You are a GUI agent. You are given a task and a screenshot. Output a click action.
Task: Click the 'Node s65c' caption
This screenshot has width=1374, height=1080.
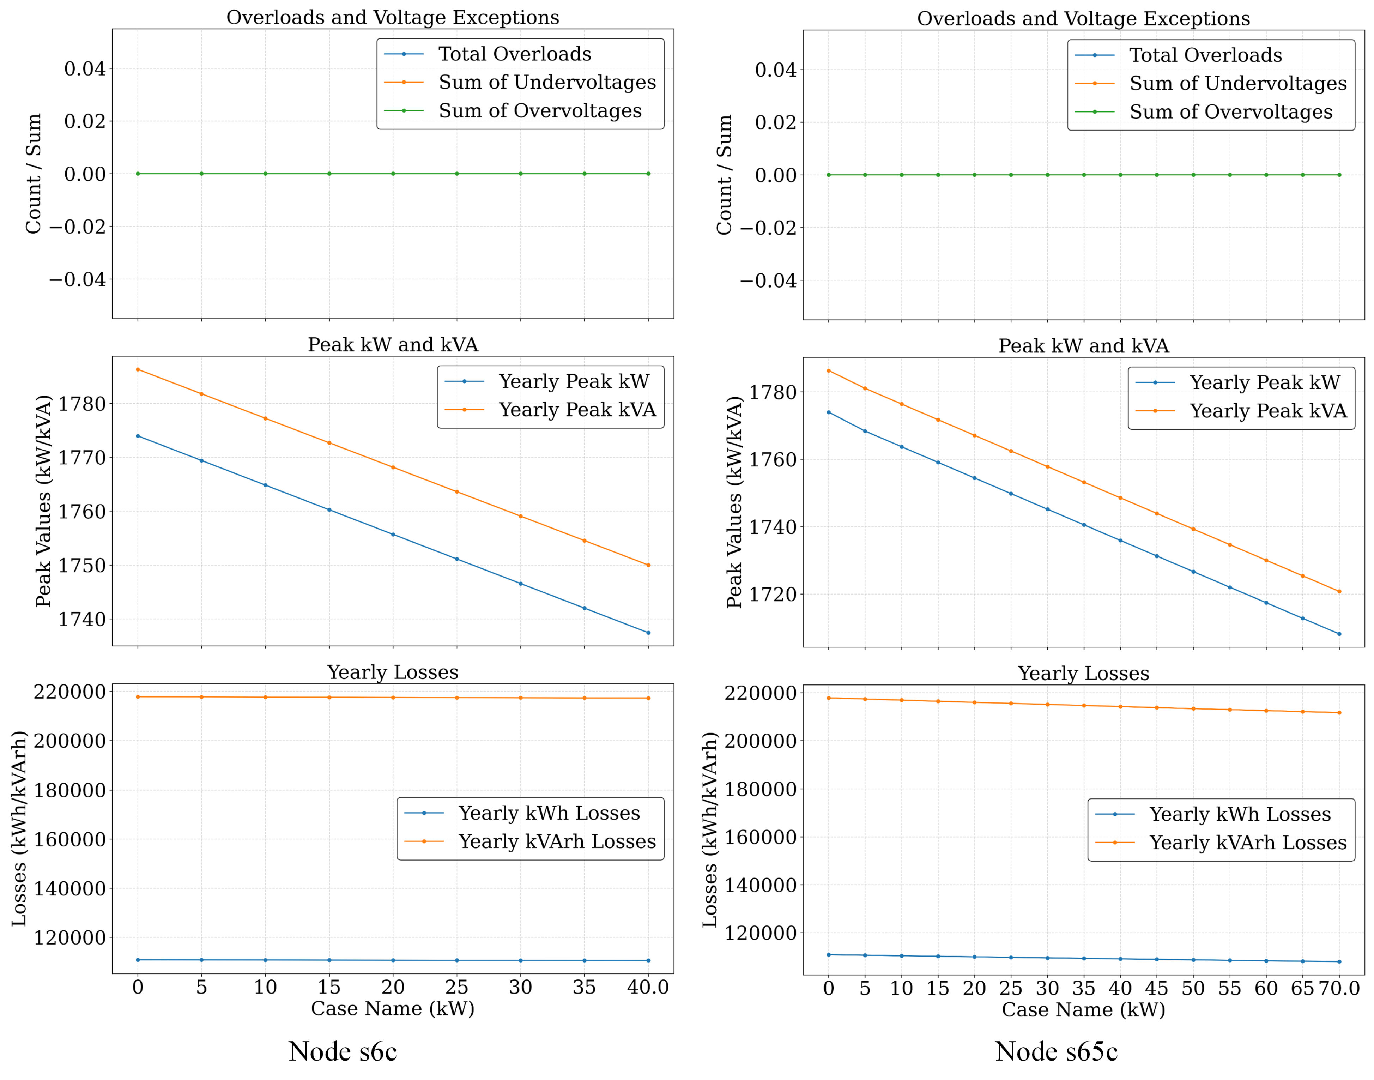(1055, 1051)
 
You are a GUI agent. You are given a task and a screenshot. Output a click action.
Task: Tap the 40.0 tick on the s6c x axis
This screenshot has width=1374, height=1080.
(647, 987)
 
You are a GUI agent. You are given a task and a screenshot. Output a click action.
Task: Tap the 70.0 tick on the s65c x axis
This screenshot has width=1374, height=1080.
(1339, 988)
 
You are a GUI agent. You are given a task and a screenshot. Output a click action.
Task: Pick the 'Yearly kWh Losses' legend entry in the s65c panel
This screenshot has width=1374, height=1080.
(1239, 814)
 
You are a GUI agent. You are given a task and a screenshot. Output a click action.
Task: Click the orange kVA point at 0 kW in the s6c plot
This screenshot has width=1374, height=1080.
(138, 369)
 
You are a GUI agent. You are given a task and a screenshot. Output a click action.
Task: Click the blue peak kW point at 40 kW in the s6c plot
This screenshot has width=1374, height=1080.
(648, 632)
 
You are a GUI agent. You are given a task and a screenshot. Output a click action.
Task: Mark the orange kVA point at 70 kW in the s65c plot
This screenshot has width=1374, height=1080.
(1339, 592)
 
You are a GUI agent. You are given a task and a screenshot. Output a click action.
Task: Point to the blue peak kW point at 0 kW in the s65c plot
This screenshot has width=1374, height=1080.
(828, 412)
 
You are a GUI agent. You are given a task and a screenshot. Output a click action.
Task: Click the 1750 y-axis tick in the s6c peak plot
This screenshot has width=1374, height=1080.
(82, 565)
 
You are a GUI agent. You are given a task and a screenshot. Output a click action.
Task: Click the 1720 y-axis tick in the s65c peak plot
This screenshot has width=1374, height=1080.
(773, 595)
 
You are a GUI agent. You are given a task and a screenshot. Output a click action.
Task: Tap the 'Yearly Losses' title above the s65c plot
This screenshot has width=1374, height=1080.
(1083, 674)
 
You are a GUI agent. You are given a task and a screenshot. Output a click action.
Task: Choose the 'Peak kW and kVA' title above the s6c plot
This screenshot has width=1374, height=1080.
(393, 345)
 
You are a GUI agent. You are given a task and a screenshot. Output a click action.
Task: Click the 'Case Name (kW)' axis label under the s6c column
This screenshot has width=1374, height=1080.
(393, 1008)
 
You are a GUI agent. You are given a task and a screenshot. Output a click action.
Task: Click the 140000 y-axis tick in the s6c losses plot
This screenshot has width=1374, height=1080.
(69, 888)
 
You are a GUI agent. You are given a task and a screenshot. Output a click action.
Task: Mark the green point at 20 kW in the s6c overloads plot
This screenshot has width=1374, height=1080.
(393, 173)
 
